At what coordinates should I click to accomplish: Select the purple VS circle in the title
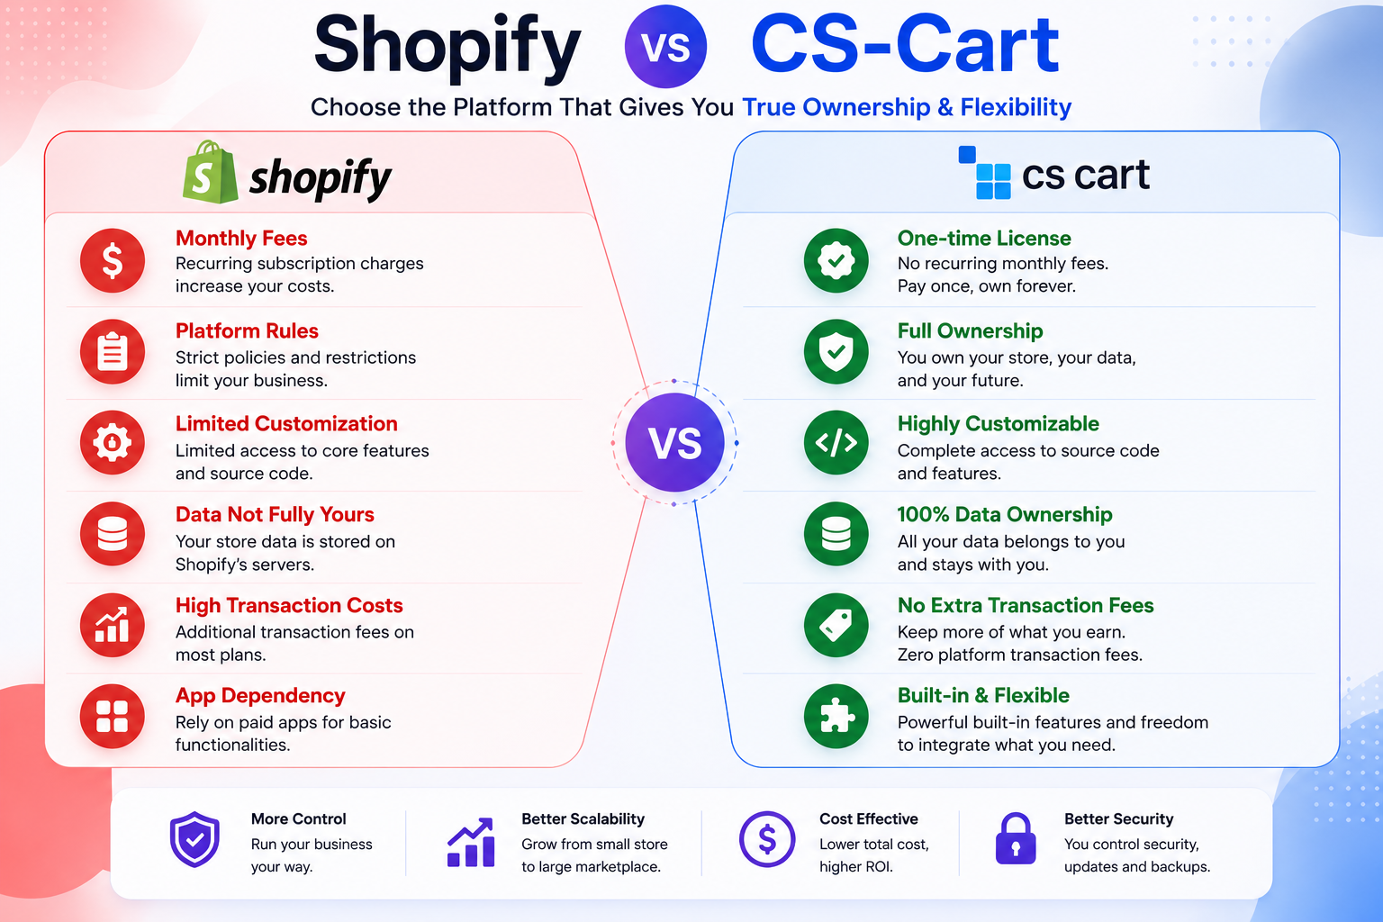[x=665, y=46]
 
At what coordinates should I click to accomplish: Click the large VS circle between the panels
[x=674, y=442]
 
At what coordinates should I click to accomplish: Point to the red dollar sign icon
[x=113, y=260]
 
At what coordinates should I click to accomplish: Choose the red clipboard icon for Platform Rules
[x=113, y=352]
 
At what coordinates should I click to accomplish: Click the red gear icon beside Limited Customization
[x=113, y=442]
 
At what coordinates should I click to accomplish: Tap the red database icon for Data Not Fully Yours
[x=113, y=534]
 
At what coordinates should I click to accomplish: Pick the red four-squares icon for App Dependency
[x=113, y=717]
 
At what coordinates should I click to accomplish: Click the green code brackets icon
[x=836, y=442]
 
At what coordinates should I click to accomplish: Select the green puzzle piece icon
[x=836, y=717]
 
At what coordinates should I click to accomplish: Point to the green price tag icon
[x=836, y=625]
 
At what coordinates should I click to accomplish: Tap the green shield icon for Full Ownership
[x=836, y=352]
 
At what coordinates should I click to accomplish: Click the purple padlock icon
[x=1016, y=838]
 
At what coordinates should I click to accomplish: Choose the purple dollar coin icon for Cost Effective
[x=767, y=839]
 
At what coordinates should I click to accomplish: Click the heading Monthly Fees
[x=241, y=239]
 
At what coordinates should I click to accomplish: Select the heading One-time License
[x=984, y=239]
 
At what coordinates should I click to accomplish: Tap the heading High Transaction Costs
[x=289, y=605]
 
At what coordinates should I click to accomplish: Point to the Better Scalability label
[x=583, y=818]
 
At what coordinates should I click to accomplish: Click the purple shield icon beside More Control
[x=195, y=839]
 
